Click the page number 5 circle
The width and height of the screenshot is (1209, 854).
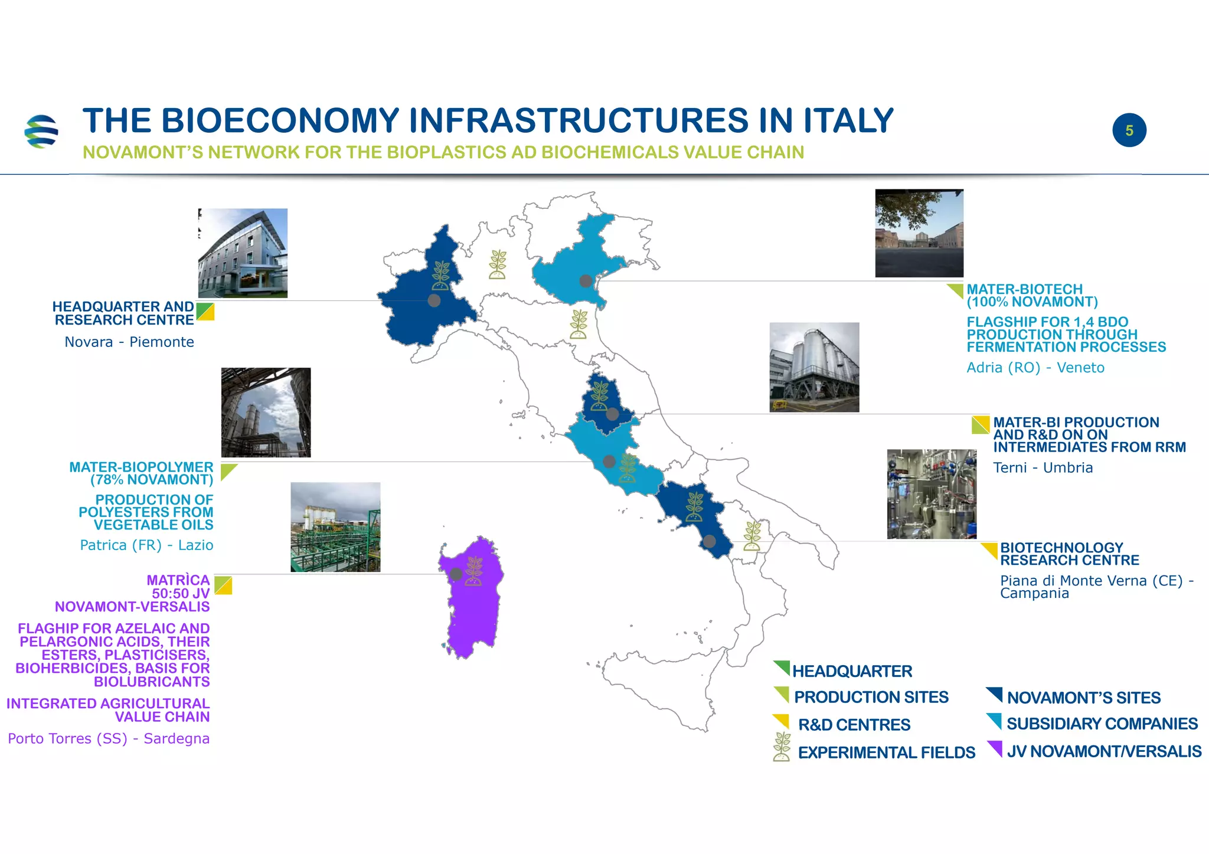[1129, 130]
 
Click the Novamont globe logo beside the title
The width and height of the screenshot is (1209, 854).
[41, 131]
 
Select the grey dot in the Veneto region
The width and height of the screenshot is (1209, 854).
[586, 281]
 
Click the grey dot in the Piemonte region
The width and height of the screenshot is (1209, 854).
[434, 300]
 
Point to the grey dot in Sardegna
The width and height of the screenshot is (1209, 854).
[456, 574]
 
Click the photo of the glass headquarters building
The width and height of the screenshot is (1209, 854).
[243, 253]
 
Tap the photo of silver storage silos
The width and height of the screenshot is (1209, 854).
[814, 367]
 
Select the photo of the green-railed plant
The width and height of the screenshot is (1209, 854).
[335, 527]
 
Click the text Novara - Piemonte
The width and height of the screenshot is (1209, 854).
[129, 342]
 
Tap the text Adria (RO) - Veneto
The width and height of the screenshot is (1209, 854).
[1035, 368]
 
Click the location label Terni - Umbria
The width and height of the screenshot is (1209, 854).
[1043, 468]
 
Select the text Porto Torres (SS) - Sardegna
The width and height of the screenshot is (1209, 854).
[109, 739]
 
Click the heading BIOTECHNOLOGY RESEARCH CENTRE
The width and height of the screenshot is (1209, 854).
[1069, 554]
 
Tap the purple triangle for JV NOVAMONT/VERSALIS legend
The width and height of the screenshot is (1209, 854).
[995, 748]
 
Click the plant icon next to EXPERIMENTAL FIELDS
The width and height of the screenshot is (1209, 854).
[782, 747]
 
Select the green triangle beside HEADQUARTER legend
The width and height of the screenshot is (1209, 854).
[783, 667]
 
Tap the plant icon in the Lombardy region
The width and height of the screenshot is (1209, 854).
[498, 264]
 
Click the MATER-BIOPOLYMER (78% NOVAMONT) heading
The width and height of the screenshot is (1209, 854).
[141, 473]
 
